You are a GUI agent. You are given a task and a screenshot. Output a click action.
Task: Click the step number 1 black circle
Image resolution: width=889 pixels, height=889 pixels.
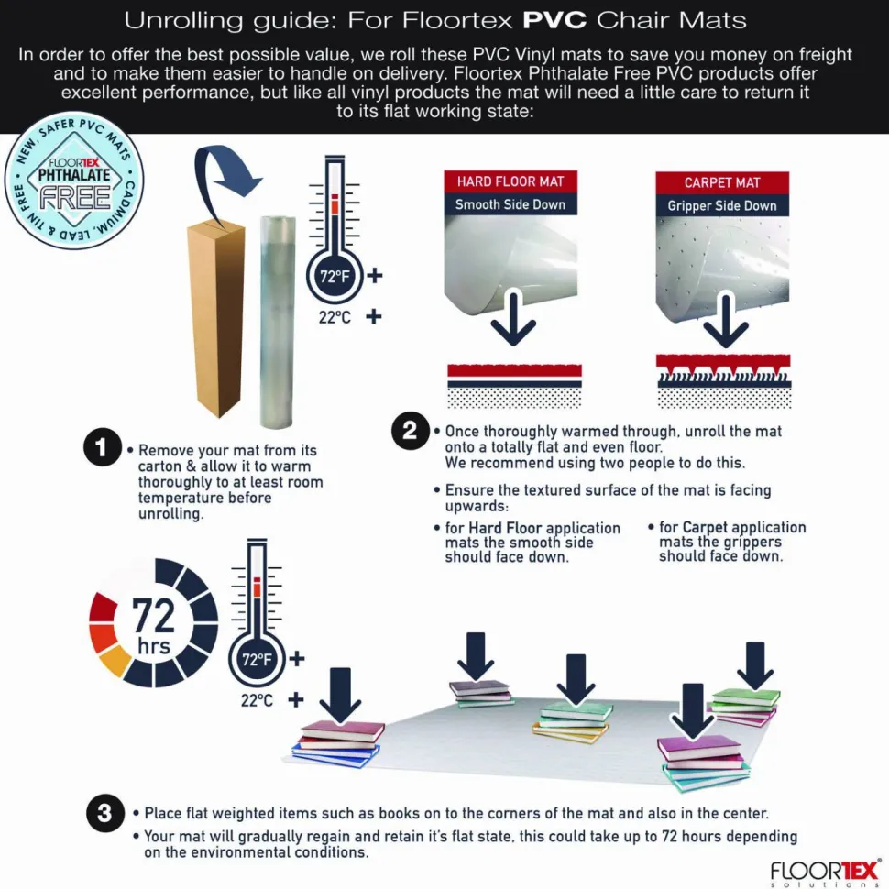(x=102, y=447)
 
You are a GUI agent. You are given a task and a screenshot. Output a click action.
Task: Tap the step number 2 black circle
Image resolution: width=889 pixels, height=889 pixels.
(x=410, y=431)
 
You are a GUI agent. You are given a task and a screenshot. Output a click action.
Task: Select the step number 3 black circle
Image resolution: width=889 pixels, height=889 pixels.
(x=104, y=812)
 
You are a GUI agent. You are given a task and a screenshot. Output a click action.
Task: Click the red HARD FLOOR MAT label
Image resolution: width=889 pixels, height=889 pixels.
(x=510, y=181)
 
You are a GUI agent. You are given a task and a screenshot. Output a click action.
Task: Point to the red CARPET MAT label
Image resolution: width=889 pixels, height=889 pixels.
(x=722, y=182)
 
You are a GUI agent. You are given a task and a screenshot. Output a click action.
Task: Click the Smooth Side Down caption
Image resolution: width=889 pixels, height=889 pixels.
(x=510, y=204)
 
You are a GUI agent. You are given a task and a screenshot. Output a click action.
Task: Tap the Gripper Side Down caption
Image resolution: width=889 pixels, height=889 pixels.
(x=722, y=206)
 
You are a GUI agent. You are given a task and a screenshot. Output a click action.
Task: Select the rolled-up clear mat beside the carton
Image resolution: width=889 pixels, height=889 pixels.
(x=278, y=321)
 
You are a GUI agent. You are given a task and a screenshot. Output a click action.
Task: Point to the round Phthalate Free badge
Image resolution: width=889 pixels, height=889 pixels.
(x=74, y=181)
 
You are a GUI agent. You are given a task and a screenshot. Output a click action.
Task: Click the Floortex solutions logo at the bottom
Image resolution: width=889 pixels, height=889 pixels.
(x=825, y=873)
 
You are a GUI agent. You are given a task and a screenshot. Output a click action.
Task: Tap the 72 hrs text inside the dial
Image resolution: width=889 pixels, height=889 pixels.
(x=154, y=626)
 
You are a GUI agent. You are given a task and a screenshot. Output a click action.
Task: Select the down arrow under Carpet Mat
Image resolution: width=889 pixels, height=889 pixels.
(x=726, y=320)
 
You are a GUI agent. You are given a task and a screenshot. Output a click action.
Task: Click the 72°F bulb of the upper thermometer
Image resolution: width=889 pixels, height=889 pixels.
(x=335, y=277)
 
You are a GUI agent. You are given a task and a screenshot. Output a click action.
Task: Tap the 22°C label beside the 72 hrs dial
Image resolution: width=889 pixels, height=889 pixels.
(x=257, y=701)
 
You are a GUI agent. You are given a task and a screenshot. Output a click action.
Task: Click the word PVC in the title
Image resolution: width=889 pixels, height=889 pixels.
(x=554, y=20)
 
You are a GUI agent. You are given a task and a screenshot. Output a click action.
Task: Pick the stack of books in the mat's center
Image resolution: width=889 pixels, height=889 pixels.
(x=573, y=721)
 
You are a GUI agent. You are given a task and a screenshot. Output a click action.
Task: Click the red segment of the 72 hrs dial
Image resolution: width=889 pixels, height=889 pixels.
(x=103, y=608)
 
